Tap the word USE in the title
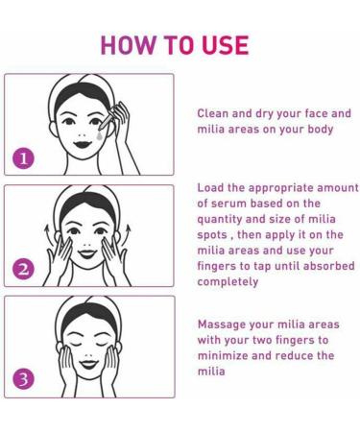tap(222, 44)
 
